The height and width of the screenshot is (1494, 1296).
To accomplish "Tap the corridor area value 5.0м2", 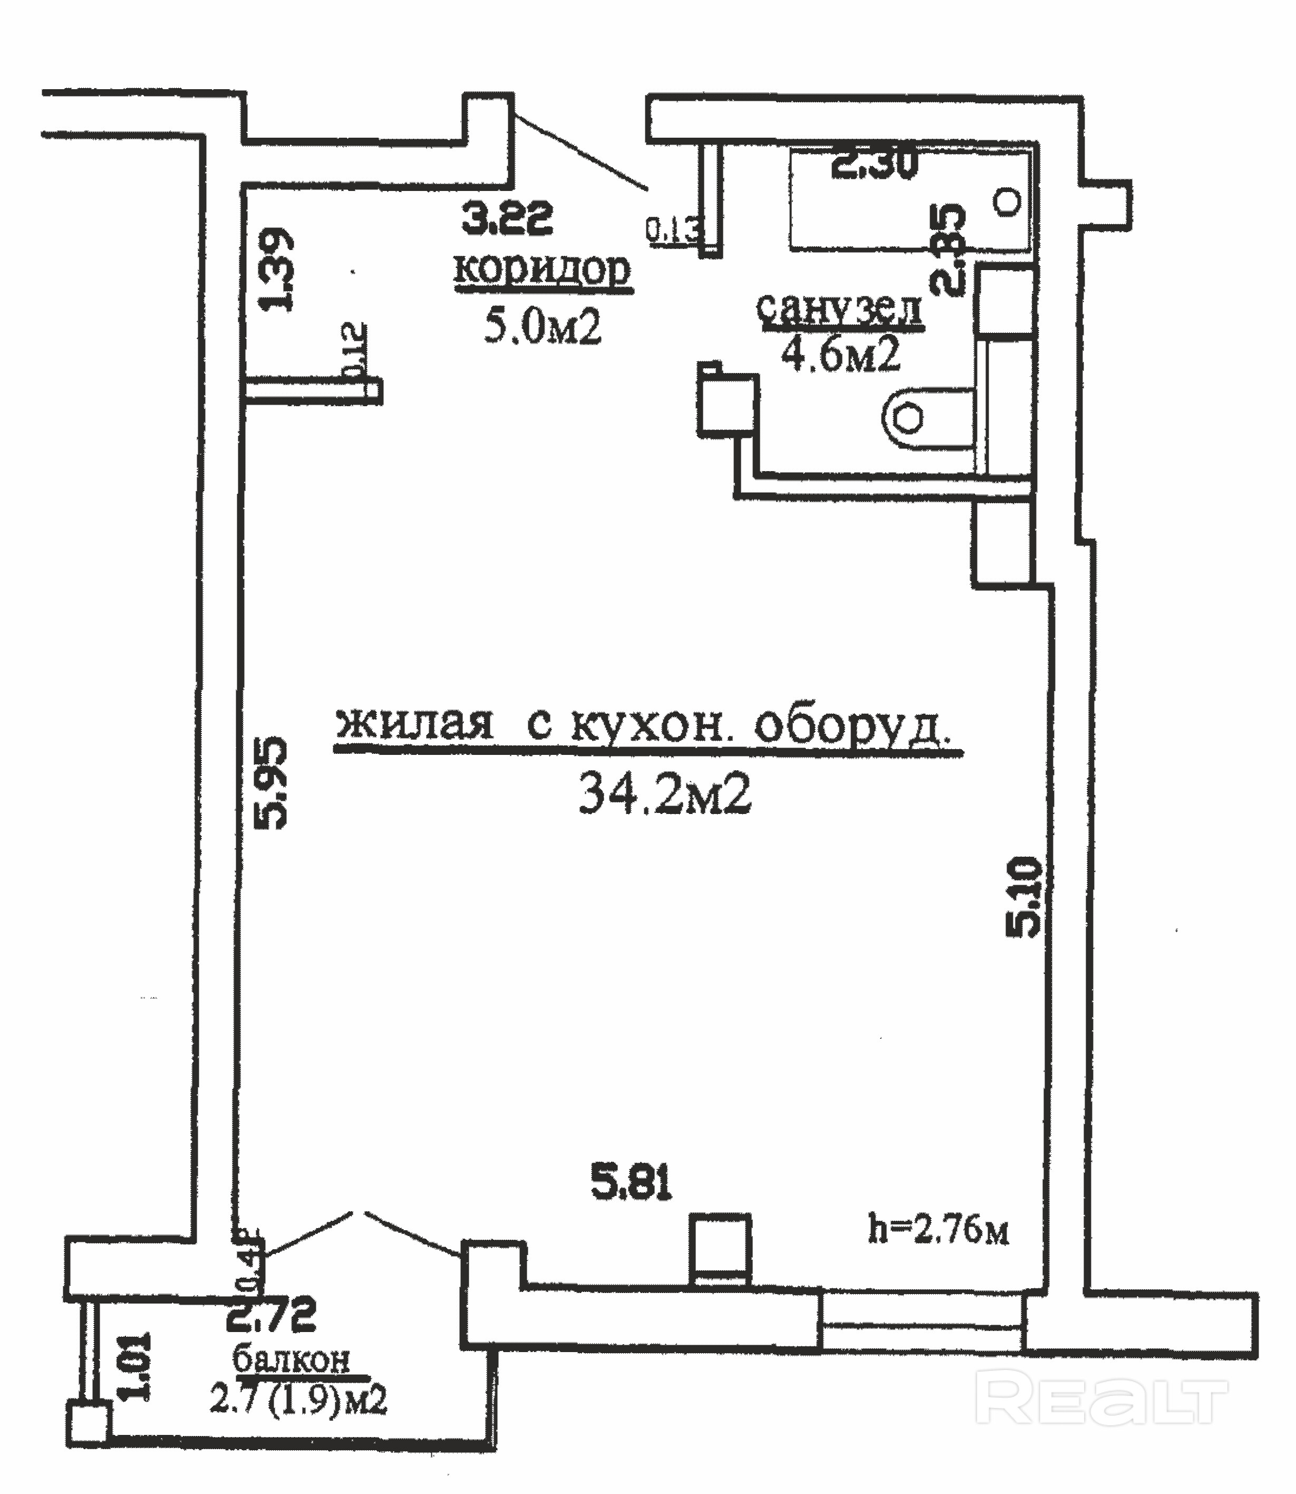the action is coord(543,329).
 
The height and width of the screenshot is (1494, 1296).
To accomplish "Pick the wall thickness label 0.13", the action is coord(673,230).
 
